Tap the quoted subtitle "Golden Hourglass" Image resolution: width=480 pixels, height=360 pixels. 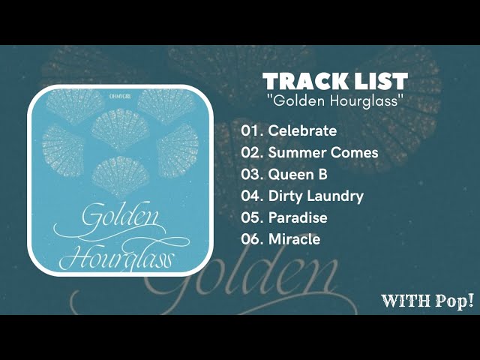[334, 100]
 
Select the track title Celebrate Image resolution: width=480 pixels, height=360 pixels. [302, 130]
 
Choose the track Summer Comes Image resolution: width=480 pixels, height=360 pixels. [322, 152]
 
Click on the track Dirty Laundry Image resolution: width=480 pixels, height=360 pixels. [316, 196]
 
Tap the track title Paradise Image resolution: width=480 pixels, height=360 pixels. [298, 217]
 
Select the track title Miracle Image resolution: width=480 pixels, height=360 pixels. [294, 239]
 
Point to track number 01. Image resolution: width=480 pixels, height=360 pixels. [250, 130]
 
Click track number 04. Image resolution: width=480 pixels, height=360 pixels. [251, 196]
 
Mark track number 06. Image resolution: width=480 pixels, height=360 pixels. [251, 239]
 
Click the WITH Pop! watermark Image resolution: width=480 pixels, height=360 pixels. [427, 301]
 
